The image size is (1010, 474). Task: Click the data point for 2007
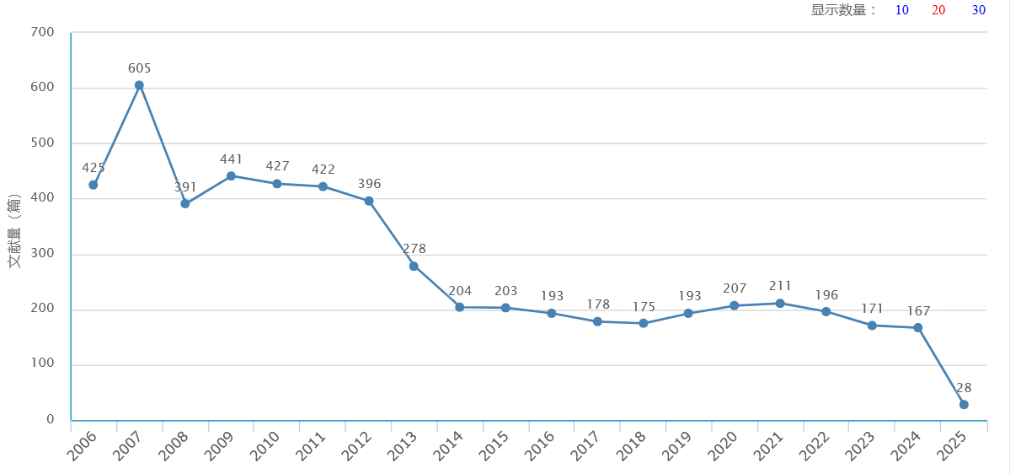pos(139,85)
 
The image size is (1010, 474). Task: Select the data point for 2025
pos(964,405)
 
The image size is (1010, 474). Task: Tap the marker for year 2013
pos(414,266)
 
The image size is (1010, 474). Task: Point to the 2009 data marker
pos(231,176)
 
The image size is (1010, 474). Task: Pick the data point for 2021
pos(780,304)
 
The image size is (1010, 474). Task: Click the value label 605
pos(139,68)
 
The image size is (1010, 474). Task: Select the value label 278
pos(414,249)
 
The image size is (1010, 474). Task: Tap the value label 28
pos(964,388)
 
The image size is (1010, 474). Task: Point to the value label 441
pos(231,159)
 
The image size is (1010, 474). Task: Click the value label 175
pos(644,306)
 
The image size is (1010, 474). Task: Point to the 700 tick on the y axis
pos(42,33)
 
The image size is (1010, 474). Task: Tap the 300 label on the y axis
pos(42,254)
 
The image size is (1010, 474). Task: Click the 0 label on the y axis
pos(51,419)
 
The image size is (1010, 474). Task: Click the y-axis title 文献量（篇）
pos(14,231)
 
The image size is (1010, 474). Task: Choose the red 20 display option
pos(938,10)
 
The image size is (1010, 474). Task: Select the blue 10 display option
pos(902,10)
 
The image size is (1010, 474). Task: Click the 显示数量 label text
pos(843,10)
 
